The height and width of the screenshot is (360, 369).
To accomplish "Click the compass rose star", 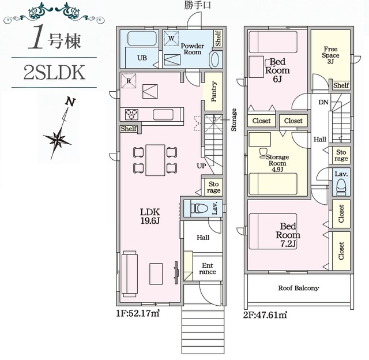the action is pos(57,140).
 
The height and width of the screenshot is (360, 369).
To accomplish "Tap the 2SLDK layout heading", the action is pos(54,73).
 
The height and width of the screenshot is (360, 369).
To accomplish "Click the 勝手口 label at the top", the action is pos(198,5).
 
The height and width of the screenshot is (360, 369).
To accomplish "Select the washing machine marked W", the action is pos(171,38).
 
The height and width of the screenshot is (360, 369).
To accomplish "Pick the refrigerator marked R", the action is pos(129,81).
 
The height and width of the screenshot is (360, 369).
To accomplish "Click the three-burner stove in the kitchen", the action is pos(131,114).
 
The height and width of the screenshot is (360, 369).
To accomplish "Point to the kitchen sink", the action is pos(163,114).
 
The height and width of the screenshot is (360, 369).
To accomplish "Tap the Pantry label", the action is pos(214,91).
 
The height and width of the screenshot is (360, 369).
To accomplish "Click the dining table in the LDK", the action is pos(155,160).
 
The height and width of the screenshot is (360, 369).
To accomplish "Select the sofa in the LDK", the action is pos(129,274).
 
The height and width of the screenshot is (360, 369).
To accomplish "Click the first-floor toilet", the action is pos(199,208).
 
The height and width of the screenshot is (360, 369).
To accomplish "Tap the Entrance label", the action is pos(208,269).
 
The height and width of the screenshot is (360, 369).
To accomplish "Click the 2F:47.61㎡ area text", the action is pos(265,314).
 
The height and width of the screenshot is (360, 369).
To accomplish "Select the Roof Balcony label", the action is pos(299,288).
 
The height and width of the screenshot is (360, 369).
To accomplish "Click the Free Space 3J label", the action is pos(330,55).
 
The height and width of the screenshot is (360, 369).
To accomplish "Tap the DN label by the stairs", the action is pos(323,102).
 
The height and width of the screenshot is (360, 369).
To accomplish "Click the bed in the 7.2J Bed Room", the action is pos(273,231).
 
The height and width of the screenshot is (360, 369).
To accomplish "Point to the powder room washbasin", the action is pos(214,59).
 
